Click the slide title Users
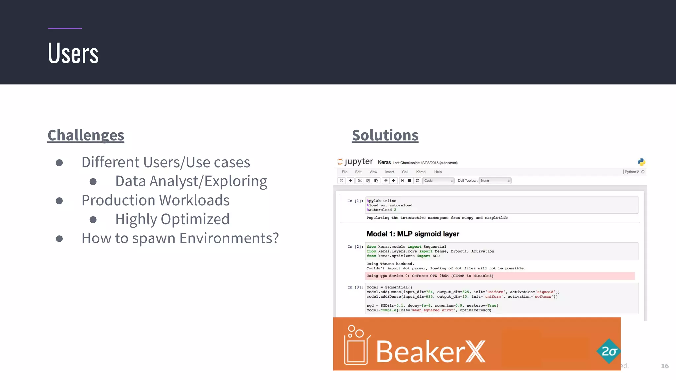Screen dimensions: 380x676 click(73, 53)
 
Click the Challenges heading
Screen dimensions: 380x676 click(86, 135)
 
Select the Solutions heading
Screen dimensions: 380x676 click(385, 135)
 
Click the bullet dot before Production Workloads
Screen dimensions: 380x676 click(59, 201)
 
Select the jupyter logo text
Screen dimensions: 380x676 click(358, 162)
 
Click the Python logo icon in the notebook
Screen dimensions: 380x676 click(641, 162)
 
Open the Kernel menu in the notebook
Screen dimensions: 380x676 click(421, 172)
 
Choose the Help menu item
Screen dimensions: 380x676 click(438, 172)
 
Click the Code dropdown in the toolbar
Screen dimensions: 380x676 click(438, 181)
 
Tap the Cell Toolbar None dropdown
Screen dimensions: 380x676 click(495, 181)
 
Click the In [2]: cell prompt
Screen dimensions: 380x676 click(355, 247)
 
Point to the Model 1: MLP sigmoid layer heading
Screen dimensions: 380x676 click(413, 234)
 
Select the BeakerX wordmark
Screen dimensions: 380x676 click(430, 352)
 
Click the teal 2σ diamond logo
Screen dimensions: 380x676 click(609, 351)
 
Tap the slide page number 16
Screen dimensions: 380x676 click(664, 366)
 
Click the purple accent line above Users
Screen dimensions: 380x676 click(64, 28)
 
